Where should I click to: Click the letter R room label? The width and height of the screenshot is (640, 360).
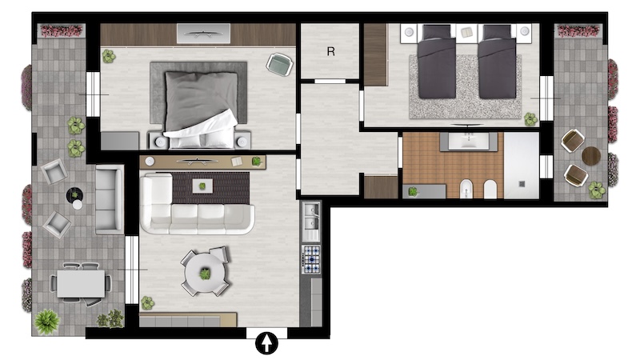pyautogui.click(x=330, y=51)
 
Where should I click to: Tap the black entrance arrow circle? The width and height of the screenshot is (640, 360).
pyautogui.click(x=266, y=343)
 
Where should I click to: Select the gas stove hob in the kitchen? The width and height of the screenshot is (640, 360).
pyautogui.click(x=311, y=259)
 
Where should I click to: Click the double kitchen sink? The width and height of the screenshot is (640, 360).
pyautogui.click(x=310, y=217)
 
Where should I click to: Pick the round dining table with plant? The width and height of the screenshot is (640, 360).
pyautogui.click(x=205, y=273)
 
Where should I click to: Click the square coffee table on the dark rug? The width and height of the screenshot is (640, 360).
pyautogui.click(x=202, y=186)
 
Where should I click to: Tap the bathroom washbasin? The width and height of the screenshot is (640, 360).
pyautogui.click(x=468, y=142)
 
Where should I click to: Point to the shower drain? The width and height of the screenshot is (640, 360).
pyautogui.click(x=522, y=184)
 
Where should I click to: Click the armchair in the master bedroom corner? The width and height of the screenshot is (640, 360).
pyautogui.click(x=279, y=65)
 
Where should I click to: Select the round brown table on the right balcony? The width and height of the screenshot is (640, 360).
pyautogui.click(x=591, y=156)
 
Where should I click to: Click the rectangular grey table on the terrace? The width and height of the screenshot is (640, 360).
pyautogui.click(x=81, y=284)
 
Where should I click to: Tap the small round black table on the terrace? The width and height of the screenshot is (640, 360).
pyautogui.click(x=74, y=195)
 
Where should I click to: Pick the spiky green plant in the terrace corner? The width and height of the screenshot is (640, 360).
pyautogui.click(x=47, y=322)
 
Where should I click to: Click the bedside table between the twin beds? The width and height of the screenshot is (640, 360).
pyautogui.click(x=466, y=32)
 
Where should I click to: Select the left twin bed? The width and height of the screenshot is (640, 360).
pyautogui.click(x=436, y=62)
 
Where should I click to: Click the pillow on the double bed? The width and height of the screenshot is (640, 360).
pyautogui.click(x=200, y=101)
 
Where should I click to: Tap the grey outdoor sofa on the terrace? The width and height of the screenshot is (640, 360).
pyautogui.click(x=110, y=199)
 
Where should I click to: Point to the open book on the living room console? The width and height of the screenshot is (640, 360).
pyautogui.click(x=237, y=162)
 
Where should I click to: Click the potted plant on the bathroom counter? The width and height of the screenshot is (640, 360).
pyautogui.click(x=413, y=191)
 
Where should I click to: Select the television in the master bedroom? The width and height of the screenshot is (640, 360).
pyautogui.click(x=203, y=34)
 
